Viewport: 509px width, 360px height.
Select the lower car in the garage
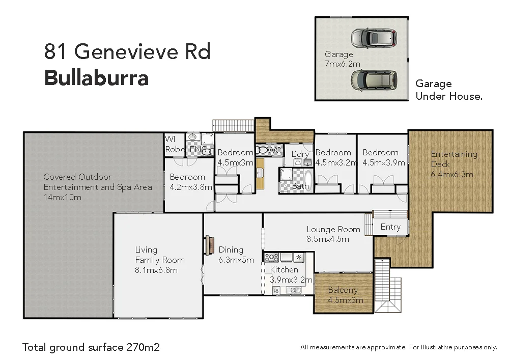tap(373, 79)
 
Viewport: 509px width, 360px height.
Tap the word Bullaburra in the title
tap(97, 78)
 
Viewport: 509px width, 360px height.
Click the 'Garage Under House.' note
tap(448, 90)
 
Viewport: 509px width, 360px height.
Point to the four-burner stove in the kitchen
tap(271, 257)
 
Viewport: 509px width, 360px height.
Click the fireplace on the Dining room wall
tap(208, 245)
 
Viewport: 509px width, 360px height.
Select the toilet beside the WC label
tap(262, 150)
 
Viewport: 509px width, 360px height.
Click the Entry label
tap(390, 227)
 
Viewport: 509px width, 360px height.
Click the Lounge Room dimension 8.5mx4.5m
tap(327, 239)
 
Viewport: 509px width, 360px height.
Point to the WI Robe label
tap(175, 145)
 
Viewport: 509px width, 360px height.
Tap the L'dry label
tap(300, 154)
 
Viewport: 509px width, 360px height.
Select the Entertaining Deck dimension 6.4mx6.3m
tap(452, 174)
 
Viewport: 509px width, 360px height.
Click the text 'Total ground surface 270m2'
tap(91, 347)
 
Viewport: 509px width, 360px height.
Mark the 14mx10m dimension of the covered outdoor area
tap(62, 197)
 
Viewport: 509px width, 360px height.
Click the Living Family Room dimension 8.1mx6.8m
tap(156, 270)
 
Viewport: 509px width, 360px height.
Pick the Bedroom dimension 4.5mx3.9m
tap(383, 163)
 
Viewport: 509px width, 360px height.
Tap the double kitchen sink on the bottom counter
tap(293, 290)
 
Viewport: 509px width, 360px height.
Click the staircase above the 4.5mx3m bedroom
tap(233, 125)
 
